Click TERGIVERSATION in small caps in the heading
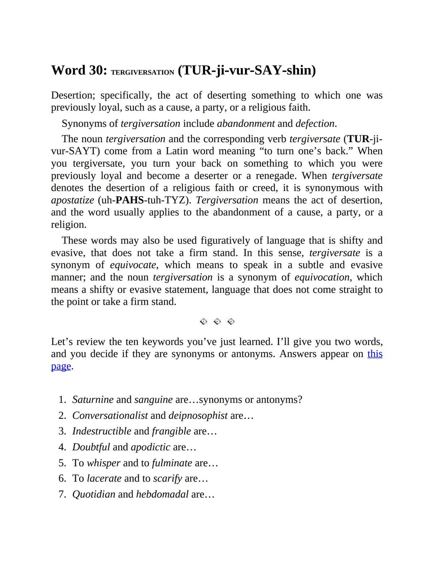[142, 72]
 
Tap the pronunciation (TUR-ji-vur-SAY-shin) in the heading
[247, 70]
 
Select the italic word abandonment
[246, 123]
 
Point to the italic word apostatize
[73, 200]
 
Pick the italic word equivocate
[133, 265]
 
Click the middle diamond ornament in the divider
[217, 321]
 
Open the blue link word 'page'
[61, 366]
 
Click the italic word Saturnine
[93, 400]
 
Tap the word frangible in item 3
[171, 431]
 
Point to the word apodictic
[150, 447]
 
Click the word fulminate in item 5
[172, 463]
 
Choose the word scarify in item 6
[167, 478]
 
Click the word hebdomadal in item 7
[162, 494]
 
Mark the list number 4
[62, 447]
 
